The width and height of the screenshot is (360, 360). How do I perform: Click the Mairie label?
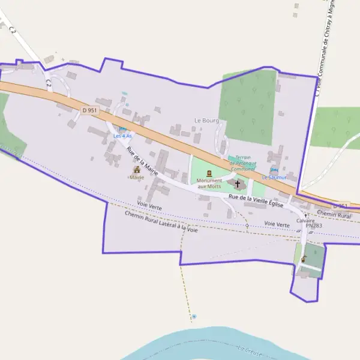tap(136, 178)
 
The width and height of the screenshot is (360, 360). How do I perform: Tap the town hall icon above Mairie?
tap(136, 170)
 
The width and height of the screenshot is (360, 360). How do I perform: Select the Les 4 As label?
tap(122, 136)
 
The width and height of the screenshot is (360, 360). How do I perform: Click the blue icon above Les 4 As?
tap(122, 128)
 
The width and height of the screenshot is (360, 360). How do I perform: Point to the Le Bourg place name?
tap(206, 120)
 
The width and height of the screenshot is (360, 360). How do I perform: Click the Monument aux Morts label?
tap(209, 184)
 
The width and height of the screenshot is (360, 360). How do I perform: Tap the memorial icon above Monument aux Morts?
tap(209, 173)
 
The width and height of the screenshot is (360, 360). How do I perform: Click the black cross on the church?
tap(237, 184)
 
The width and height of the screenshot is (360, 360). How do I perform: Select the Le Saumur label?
tap(274, 178)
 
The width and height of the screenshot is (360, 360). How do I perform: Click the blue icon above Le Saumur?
tap(274, 170)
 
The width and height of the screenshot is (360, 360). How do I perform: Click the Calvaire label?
tap(305, 220)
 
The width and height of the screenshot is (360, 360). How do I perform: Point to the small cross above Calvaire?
tap(306, 214)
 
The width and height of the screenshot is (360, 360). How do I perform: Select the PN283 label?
tap(313, 226)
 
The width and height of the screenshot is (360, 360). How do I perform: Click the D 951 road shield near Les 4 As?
tap(89, 110)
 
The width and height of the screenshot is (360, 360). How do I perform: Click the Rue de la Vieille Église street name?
tap(256, 198)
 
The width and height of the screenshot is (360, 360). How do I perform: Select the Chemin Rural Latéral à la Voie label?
tap(161, 222)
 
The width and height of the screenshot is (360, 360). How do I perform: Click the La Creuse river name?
tap(250, 351)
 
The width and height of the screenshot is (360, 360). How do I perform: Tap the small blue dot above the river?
tap(194, 316)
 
